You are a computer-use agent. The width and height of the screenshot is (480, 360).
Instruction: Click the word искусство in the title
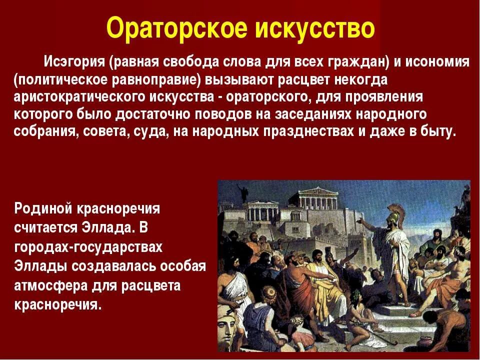click(x=314, y=28)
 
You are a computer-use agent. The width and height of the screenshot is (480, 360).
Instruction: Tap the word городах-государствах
click(x=88, y=247)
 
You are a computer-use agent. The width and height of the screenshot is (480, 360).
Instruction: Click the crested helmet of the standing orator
click(x=395, y=216)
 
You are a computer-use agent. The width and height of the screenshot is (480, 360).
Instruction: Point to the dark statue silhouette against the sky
click(x=244, y=192)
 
